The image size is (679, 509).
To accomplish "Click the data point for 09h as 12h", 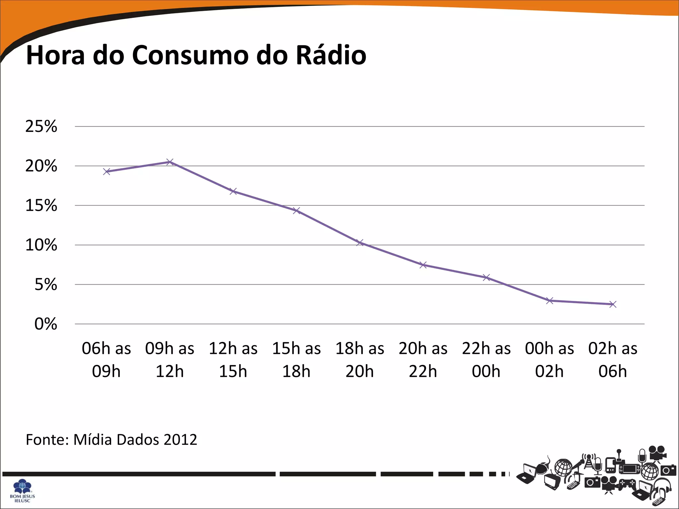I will [x=170, y=162].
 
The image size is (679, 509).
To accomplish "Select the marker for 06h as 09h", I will [x=106, y=172].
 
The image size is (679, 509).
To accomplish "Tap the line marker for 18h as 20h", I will [x=360, y=243].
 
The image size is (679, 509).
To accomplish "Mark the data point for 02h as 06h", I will [x=613, y=304].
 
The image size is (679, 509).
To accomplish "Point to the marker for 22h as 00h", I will [x=486, y=278].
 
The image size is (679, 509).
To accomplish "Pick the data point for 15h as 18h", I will [x=296, y=211].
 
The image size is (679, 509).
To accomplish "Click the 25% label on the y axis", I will [x=41, y=127].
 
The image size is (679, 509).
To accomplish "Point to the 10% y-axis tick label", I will [x=41, y=245].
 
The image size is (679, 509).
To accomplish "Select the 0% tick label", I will [x=46, y=324].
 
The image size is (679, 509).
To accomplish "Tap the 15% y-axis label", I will [x=41, y=206].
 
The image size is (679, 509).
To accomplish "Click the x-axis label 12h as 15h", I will [x=233, y=360].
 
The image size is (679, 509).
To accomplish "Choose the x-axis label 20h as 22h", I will [x=423, y=360].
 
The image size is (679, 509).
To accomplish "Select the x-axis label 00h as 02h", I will [x=549, y=360].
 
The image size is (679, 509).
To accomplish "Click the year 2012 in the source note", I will [x=180, y=440].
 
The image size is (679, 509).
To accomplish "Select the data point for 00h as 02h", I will [x=550, y=301].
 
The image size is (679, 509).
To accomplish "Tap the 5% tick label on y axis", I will [x=46, y=285].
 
